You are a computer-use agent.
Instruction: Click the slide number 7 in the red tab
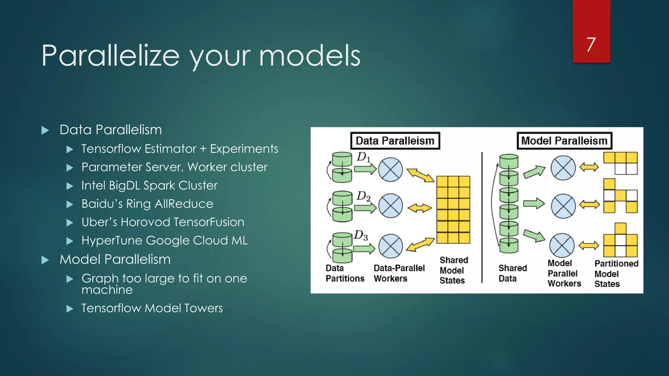(x=591, y=44)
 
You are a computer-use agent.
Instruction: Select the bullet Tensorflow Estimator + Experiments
(x=180, y=149)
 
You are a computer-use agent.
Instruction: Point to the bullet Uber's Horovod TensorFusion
(x=163, y=222)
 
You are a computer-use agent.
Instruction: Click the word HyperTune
(x=112, y=241)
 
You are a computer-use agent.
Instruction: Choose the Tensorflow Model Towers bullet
(x=152, y=308)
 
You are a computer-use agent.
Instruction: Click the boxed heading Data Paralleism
(x=395, y=141)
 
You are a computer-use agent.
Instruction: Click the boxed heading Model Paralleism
(x=564, y=141)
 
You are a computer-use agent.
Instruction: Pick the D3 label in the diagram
(x=361, y=235)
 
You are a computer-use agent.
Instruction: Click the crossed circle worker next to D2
(x=390, y=206)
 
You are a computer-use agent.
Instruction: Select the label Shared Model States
(x=453, y=270)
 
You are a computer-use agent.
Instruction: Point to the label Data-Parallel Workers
(x=399, y=273)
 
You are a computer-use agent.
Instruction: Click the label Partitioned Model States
(x=615, y=274)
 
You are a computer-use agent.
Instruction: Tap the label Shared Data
(x=512, y=273)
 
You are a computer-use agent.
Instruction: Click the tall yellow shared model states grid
(x=453, y=210)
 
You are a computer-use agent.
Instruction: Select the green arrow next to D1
(x=365, y=169)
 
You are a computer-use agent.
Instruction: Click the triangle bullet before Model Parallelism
(x=45, y=260)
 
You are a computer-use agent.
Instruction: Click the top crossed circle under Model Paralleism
(x=563, y=168)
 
